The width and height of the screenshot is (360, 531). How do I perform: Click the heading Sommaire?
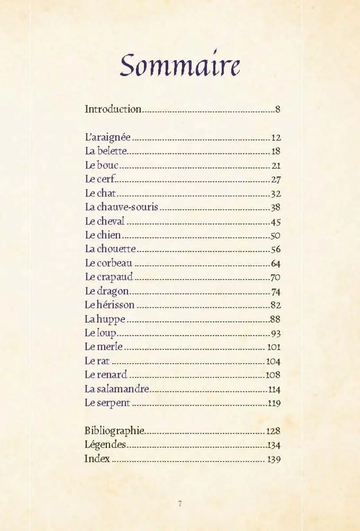[180, 65]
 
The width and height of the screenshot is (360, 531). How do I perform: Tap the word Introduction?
[113, 109]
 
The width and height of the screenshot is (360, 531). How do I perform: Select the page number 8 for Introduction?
[278, 109]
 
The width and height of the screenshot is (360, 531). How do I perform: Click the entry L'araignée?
[108, 137]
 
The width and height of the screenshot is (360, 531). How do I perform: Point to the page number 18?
[276, 151]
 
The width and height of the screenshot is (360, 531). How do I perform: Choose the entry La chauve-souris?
[121, 207]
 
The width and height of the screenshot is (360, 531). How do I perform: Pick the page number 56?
[275, 250]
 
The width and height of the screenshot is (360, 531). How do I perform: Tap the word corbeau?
[115, 263]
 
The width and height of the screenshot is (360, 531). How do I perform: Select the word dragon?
[113, 292]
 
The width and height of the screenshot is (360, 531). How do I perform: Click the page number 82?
[275, 305]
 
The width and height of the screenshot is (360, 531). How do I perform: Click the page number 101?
[274, 347]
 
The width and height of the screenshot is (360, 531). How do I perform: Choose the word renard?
[112, 375]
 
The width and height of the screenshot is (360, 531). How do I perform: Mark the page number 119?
[274, 404]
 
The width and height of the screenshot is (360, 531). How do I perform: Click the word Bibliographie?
[114, 431]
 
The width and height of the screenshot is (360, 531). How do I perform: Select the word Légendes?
[105, 445]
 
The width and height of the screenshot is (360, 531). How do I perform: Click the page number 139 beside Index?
[274, 459]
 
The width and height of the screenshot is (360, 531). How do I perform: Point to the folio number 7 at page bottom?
[180, 504]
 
